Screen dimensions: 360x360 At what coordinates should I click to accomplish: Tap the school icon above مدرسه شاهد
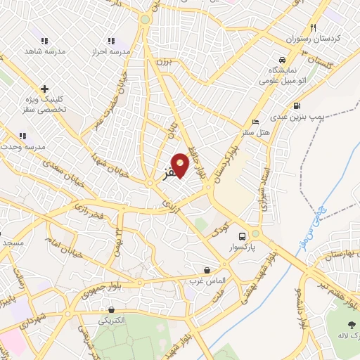(44, 41)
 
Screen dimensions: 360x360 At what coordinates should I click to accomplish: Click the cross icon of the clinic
(44, 89)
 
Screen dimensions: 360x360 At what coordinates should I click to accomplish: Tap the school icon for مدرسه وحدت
(22, 136)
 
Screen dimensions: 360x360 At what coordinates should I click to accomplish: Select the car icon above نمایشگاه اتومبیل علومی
(281, 60)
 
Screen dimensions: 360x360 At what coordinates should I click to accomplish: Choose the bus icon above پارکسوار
(243, 236)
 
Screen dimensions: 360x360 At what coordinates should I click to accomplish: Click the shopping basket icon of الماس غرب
(207, 270)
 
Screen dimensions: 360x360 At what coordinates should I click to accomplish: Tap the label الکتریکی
(111, 320)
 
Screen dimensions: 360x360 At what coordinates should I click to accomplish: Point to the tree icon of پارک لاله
(351, 324)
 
